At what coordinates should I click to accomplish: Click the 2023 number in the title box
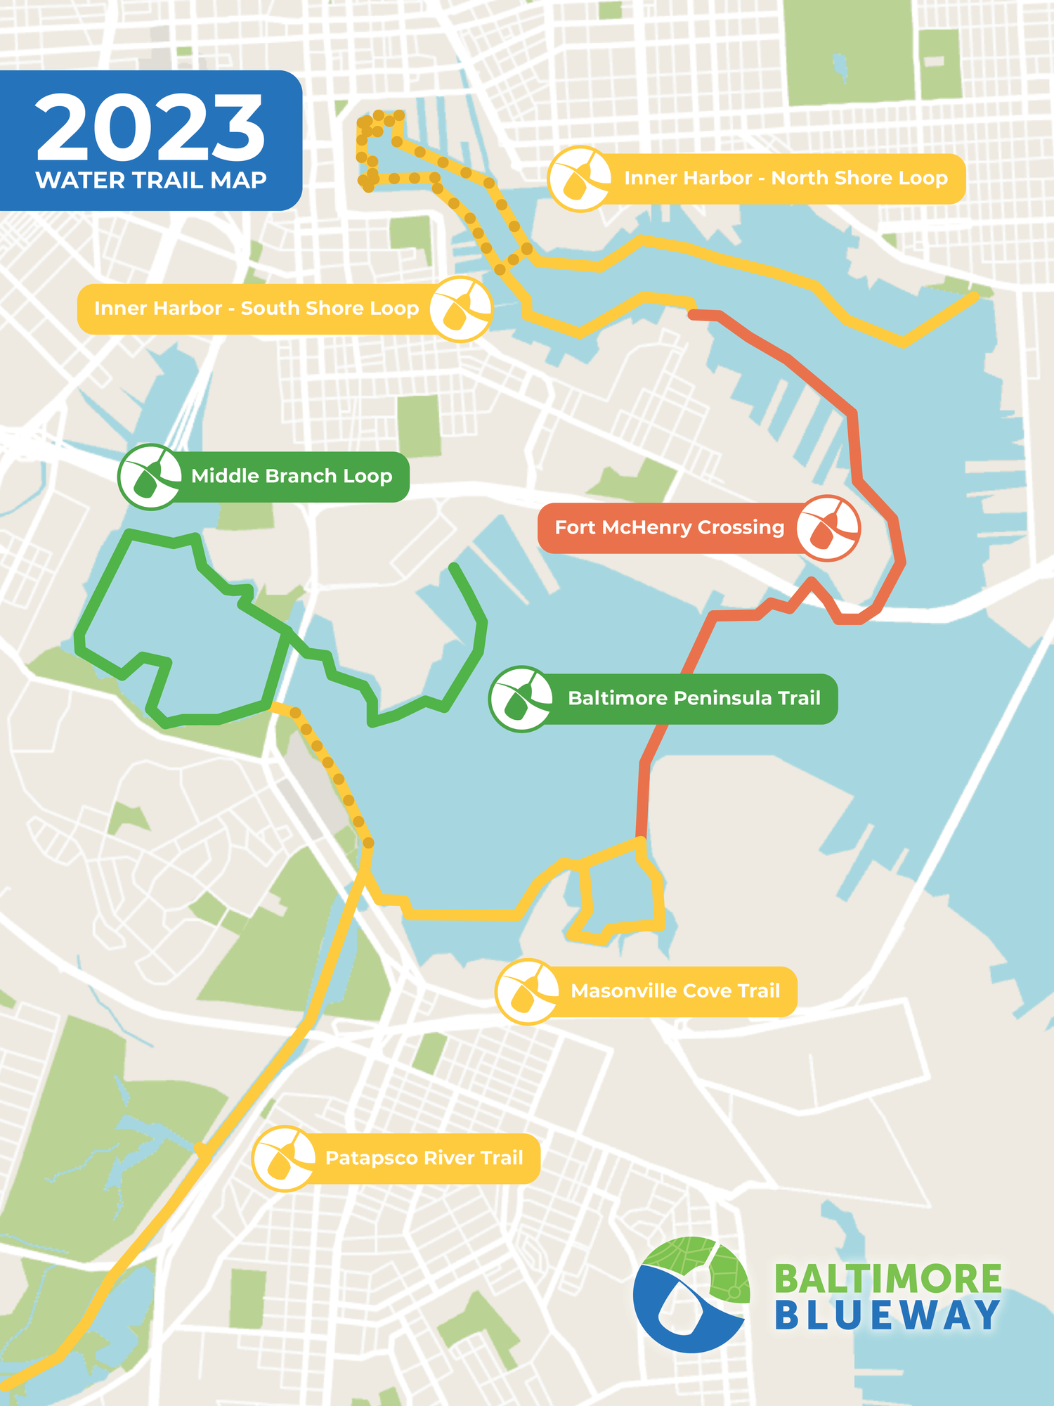coord(150,128)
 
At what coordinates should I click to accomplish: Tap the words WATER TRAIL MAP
coord(150,181)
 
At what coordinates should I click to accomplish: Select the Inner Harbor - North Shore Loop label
coord(786,179)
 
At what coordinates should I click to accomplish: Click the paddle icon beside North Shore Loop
coord(580,179)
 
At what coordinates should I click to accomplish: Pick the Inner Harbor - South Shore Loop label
coord(256,309)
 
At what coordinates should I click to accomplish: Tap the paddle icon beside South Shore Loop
coord(461,309)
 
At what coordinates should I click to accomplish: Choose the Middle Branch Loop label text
coord(292,477)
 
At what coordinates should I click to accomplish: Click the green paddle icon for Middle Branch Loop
coord(150,477)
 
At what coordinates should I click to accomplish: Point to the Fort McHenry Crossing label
coord(669,528)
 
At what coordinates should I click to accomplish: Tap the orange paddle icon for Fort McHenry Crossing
coord(828,528)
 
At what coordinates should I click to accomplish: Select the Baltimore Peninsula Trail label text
coord(694,699)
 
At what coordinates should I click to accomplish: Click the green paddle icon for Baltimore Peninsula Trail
coord(521,699)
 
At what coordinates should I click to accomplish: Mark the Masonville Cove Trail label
coord(675,991)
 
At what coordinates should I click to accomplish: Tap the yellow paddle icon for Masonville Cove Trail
coord(527,991)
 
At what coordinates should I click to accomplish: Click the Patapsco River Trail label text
coord(424,1158)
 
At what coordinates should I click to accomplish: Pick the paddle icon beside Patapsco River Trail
coord(285,1158)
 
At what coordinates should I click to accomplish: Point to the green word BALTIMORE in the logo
coord(888,1279)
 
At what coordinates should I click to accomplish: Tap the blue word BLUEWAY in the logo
coord(888,1316)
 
